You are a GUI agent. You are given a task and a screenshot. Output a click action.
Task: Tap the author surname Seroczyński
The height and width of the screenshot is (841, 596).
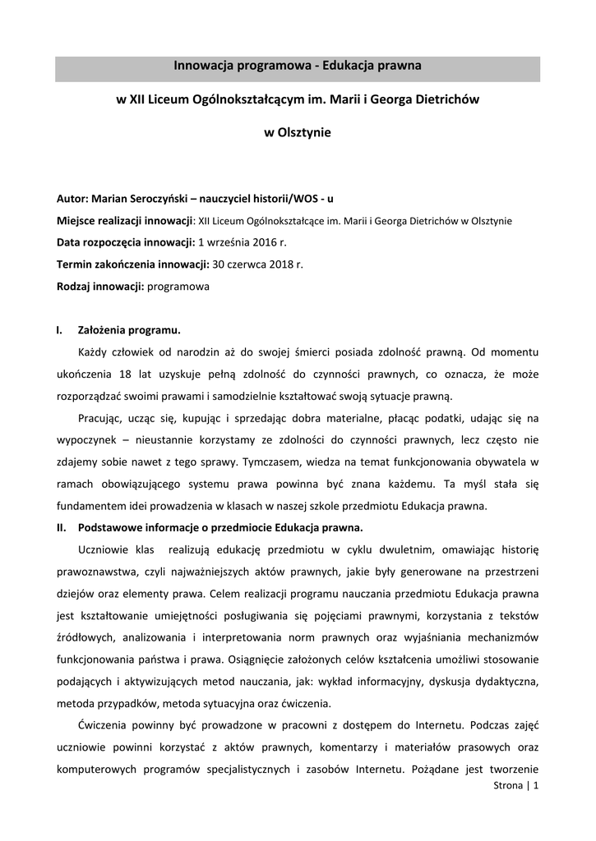(160, 199)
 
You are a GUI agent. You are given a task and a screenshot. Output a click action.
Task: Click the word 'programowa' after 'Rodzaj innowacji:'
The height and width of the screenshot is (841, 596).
(178, 287)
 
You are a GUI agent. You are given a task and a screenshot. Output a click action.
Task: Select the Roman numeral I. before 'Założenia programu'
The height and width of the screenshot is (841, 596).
(59, 331)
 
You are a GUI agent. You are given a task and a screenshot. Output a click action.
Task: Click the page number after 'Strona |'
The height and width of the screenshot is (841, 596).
(536, 786)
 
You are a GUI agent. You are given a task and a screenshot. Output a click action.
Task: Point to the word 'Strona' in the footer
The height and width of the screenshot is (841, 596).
(507, 786)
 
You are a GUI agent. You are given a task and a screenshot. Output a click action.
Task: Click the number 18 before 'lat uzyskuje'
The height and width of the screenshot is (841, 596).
(126, 375)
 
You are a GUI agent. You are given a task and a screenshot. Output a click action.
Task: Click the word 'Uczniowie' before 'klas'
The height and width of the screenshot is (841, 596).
(103, 549)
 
